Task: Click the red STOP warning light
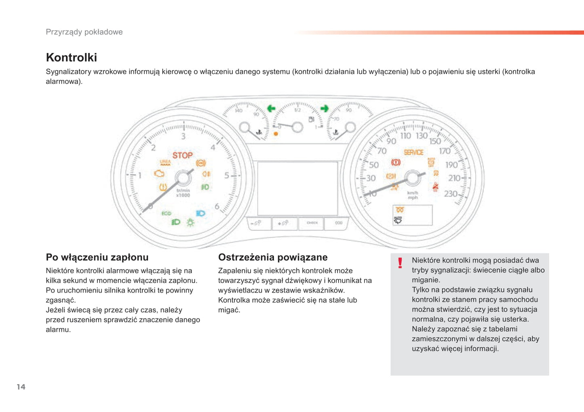183,156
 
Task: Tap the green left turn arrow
271,108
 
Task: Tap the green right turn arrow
324,108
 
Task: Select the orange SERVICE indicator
413,152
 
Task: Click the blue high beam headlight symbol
200,213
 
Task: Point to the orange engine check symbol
159,173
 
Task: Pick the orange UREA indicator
165,163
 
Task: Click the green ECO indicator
166,213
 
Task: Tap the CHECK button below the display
312,223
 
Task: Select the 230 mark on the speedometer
451,194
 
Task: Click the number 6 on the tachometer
217,207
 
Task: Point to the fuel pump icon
311,119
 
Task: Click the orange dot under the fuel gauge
276,134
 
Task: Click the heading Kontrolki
72,57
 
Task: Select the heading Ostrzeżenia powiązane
273,257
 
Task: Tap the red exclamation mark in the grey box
400,263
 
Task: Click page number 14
21,387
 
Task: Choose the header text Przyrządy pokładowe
84,32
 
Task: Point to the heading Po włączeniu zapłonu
97,257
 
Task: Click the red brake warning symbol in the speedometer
396,163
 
